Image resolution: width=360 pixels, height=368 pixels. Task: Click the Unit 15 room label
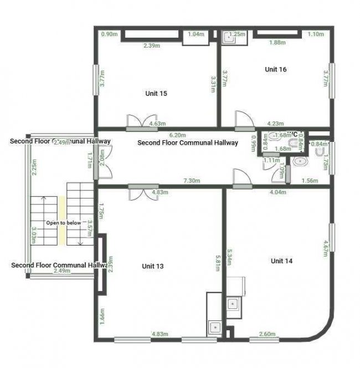[x=156, y=93]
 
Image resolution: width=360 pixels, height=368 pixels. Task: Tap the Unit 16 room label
[x=275, y=69]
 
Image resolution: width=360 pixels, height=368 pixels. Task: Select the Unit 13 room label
[x=152, y=266]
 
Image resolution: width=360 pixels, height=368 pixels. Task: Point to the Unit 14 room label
[x=281, y=260]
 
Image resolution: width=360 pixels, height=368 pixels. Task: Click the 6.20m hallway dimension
[x=177, y=135]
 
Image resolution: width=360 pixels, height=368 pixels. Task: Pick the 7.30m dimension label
[x=192, y=181]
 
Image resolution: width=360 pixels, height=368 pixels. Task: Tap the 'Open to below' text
[x=63, y=223]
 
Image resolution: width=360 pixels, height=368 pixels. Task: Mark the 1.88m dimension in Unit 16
[x=277, y=42]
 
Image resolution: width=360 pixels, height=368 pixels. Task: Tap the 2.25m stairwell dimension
[x=34, y=167]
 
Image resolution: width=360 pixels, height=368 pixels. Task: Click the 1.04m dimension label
[x=196, y=34]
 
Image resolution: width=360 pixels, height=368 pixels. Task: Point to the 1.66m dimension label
[x=101, y=318]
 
